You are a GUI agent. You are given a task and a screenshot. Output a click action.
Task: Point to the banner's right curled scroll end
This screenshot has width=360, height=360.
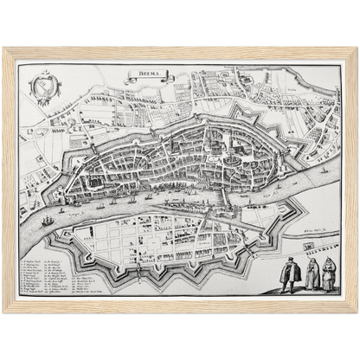170,79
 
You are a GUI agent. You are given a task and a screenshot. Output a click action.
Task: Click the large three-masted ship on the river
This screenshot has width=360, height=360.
47,221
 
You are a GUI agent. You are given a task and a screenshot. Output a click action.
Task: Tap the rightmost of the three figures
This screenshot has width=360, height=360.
328,276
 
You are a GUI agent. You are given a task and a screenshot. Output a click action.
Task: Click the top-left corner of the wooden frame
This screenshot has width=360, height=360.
4,48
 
